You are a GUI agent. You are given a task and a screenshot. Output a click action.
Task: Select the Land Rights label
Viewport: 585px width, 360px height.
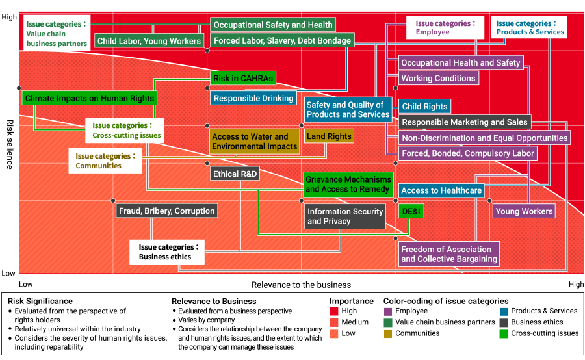(x=329, y=136)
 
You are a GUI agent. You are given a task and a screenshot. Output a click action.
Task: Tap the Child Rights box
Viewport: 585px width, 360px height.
(x=424, y=107)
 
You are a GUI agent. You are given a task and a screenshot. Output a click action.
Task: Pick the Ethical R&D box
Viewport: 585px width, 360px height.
(x=235, y=174)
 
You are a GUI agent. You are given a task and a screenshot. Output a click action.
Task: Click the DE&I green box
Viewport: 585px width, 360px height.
(x=411, y=211)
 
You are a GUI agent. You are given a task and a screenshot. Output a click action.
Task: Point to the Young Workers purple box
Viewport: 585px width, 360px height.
(x=524, y=211)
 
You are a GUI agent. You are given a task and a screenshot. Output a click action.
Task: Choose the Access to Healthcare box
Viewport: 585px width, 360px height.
(x=441, y=190)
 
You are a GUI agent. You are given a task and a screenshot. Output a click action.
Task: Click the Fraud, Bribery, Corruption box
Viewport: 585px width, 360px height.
(x=166, y=211)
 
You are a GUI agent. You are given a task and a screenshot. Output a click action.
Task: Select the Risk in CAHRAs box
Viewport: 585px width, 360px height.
(x=243, y=78)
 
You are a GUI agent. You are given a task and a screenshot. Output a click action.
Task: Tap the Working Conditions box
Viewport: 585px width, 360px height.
(x=438, y=78)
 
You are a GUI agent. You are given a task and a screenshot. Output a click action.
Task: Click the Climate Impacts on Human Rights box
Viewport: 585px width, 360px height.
(x=90, y=99)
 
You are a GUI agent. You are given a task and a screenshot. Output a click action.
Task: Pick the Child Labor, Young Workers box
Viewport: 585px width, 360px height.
(x=149, y=41)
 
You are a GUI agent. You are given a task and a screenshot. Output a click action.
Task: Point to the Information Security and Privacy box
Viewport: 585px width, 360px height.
(x=345, y=216)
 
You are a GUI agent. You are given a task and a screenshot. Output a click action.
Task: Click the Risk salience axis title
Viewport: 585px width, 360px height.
(x=10, y=144)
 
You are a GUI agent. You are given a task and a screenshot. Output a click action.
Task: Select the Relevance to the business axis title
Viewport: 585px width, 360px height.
(x=301, y=285)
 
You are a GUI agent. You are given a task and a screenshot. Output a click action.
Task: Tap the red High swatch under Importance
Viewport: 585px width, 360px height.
(x=334, y=311)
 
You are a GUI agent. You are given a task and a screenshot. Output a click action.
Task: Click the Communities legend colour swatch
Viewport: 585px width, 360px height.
(x=388, y=333)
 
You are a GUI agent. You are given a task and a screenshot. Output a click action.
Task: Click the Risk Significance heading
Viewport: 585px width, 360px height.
(x=40, y=301)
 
